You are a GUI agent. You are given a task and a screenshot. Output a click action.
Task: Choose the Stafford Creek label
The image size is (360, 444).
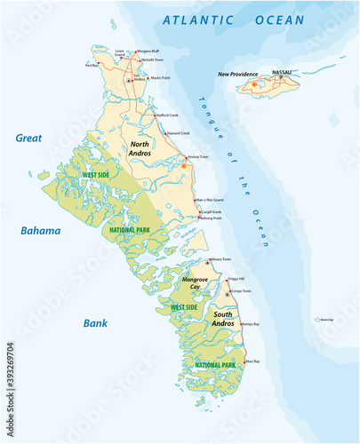coord(168,115)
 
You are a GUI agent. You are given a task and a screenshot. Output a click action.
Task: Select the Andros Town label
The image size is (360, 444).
coord(197,157)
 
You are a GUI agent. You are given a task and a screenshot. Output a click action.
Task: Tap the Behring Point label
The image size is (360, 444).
coord(210,218)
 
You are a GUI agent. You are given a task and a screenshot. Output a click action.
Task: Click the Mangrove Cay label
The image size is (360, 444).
coord(196,283)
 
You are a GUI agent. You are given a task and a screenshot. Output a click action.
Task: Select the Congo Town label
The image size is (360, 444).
coord(240,290)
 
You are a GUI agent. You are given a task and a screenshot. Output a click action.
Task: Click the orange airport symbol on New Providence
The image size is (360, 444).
coord(254,84)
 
